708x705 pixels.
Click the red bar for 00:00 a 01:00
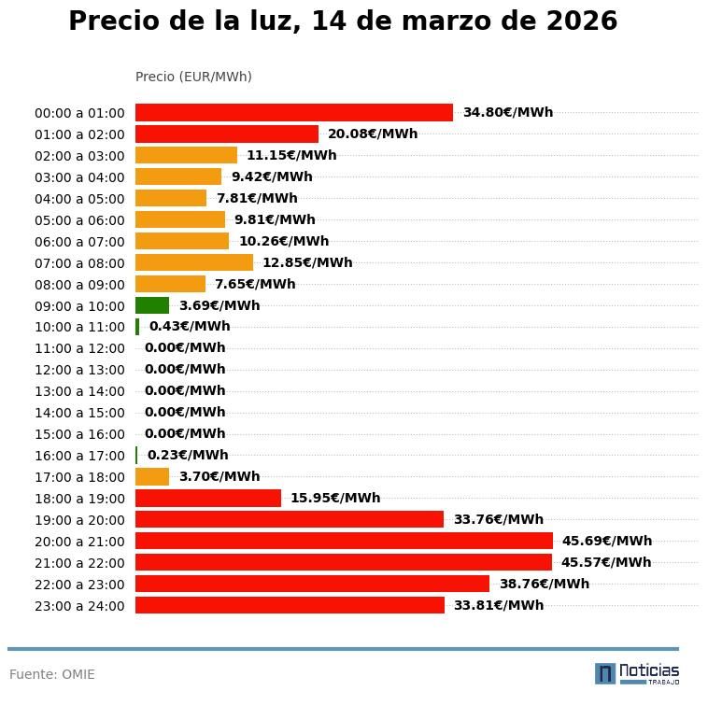coord(293,113)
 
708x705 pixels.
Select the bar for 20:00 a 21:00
coord(344,542)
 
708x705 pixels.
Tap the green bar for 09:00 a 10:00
coord(152,305)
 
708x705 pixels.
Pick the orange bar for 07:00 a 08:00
coord(193,263)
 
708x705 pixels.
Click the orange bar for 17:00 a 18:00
coord(152,477)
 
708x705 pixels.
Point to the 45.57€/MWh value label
coord(606,563)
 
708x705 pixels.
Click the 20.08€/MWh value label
coord(373,134)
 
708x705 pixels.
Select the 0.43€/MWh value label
coord(190,327)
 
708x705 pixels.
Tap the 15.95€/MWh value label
coord(335,499)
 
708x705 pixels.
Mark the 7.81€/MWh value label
coord(257,199)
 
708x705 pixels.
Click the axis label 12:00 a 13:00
coord(79,371)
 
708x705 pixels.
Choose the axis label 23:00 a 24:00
coord(79,606)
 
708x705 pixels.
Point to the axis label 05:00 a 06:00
coord(79,220)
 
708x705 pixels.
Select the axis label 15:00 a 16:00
coord(79,434)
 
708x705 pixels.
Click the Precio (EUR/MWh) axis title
coord(193,77)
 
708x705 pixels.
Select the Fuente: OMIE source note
coord(52,674)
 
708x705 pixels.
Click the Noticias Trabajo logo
coord(637,673)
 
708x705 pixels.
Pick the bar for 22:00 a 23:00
coord(312,585)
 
